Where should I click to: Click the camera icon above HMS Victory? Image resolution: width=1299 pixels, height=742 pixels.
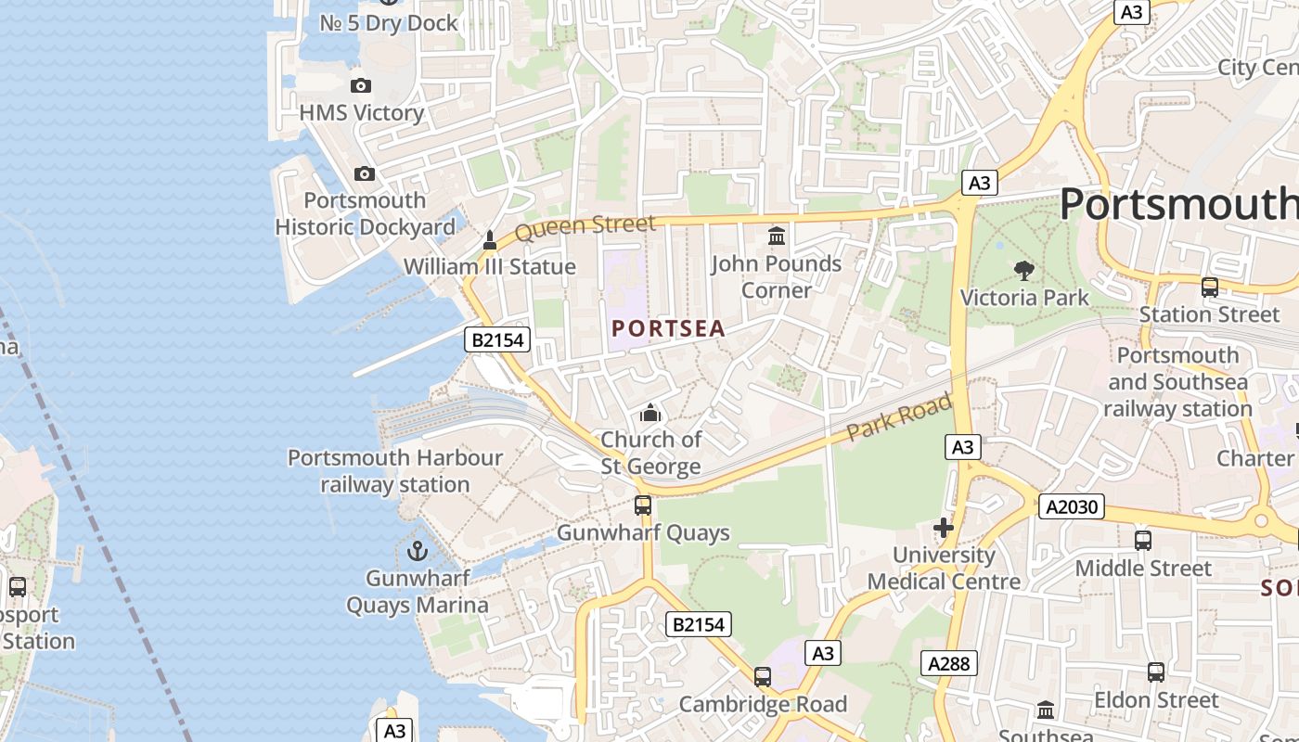(x=361, y=86)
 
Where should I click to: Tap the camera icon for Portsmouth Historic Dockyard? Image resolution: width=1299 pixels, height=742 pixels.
(x=365, y=173)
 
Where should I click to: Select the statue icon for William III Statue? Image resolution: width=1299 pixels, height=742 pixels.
(x=490, y=241)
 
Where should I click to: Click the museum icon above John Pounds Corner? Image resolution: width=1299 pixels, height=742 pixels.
(x=777, y=237)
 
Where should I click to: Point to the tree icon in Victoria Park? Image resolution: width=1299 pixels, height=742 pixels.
(x=1024, y=271)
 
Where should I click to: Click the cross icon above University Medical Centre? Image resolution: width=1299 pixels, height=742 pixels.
(x=944, y=529)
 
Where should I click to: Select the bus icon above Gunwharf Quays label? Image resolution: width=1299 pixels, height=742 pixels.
(x=643, y=505)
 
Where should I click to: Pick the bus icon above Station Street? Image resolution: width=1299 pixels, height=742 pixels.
(x=1209, y=288)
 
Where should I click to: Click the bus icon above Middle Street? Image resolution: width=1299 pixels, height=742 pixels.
(x=1143, y=541)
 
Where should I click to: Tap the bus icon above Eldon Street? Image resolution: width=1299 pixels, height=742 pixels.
(x=1155, y=672)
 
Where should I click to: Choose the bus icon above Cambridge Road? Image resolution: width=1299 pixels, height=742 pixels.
(x=763, y=677)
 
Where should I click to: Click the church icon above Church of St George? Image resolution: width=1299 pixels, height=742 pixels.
(x=651, y=412)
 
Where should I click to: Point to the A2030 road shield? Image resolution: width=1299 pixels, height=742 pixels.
(x=1071, y=506)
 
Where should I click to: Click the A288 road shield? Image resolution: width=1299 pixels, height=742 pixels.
(x=949, y=663)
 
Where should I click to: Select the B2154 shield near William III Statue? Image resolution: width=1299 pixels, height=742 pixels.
(x=498, y=339)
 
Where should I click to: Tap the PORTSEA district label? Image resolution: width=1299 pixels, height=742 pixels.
(x=668, y=328)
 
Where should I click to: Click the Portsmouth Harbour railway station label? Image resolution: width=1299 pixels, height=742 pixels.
(x=395, y=471)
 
